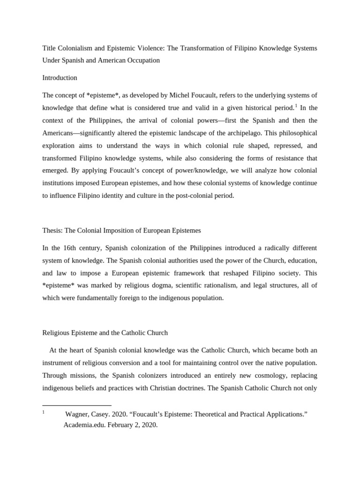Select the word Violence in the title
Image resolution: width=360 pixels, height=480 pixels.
pos(149,48)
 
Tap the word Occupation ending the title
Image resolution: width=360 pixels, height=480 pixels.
pos(143,60)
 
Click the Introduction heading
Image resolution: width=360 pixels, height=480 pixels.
pos(60,77)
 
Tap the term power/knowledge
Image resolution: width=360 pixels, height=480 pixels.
pos(186,170)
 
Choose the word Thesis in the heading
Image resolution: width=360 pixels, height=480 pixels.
pos(52,230)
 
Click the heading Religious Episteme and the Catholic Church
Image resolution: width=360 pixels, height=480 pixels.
pos(105,333)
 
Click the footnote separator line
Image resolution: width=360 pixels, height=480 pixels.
pos(77,405)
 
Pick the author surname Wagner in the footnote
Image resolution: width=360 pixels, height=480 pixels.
pos(76,414)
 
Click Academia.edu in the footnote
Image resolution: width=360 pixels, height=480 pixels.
pos(83,425)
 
